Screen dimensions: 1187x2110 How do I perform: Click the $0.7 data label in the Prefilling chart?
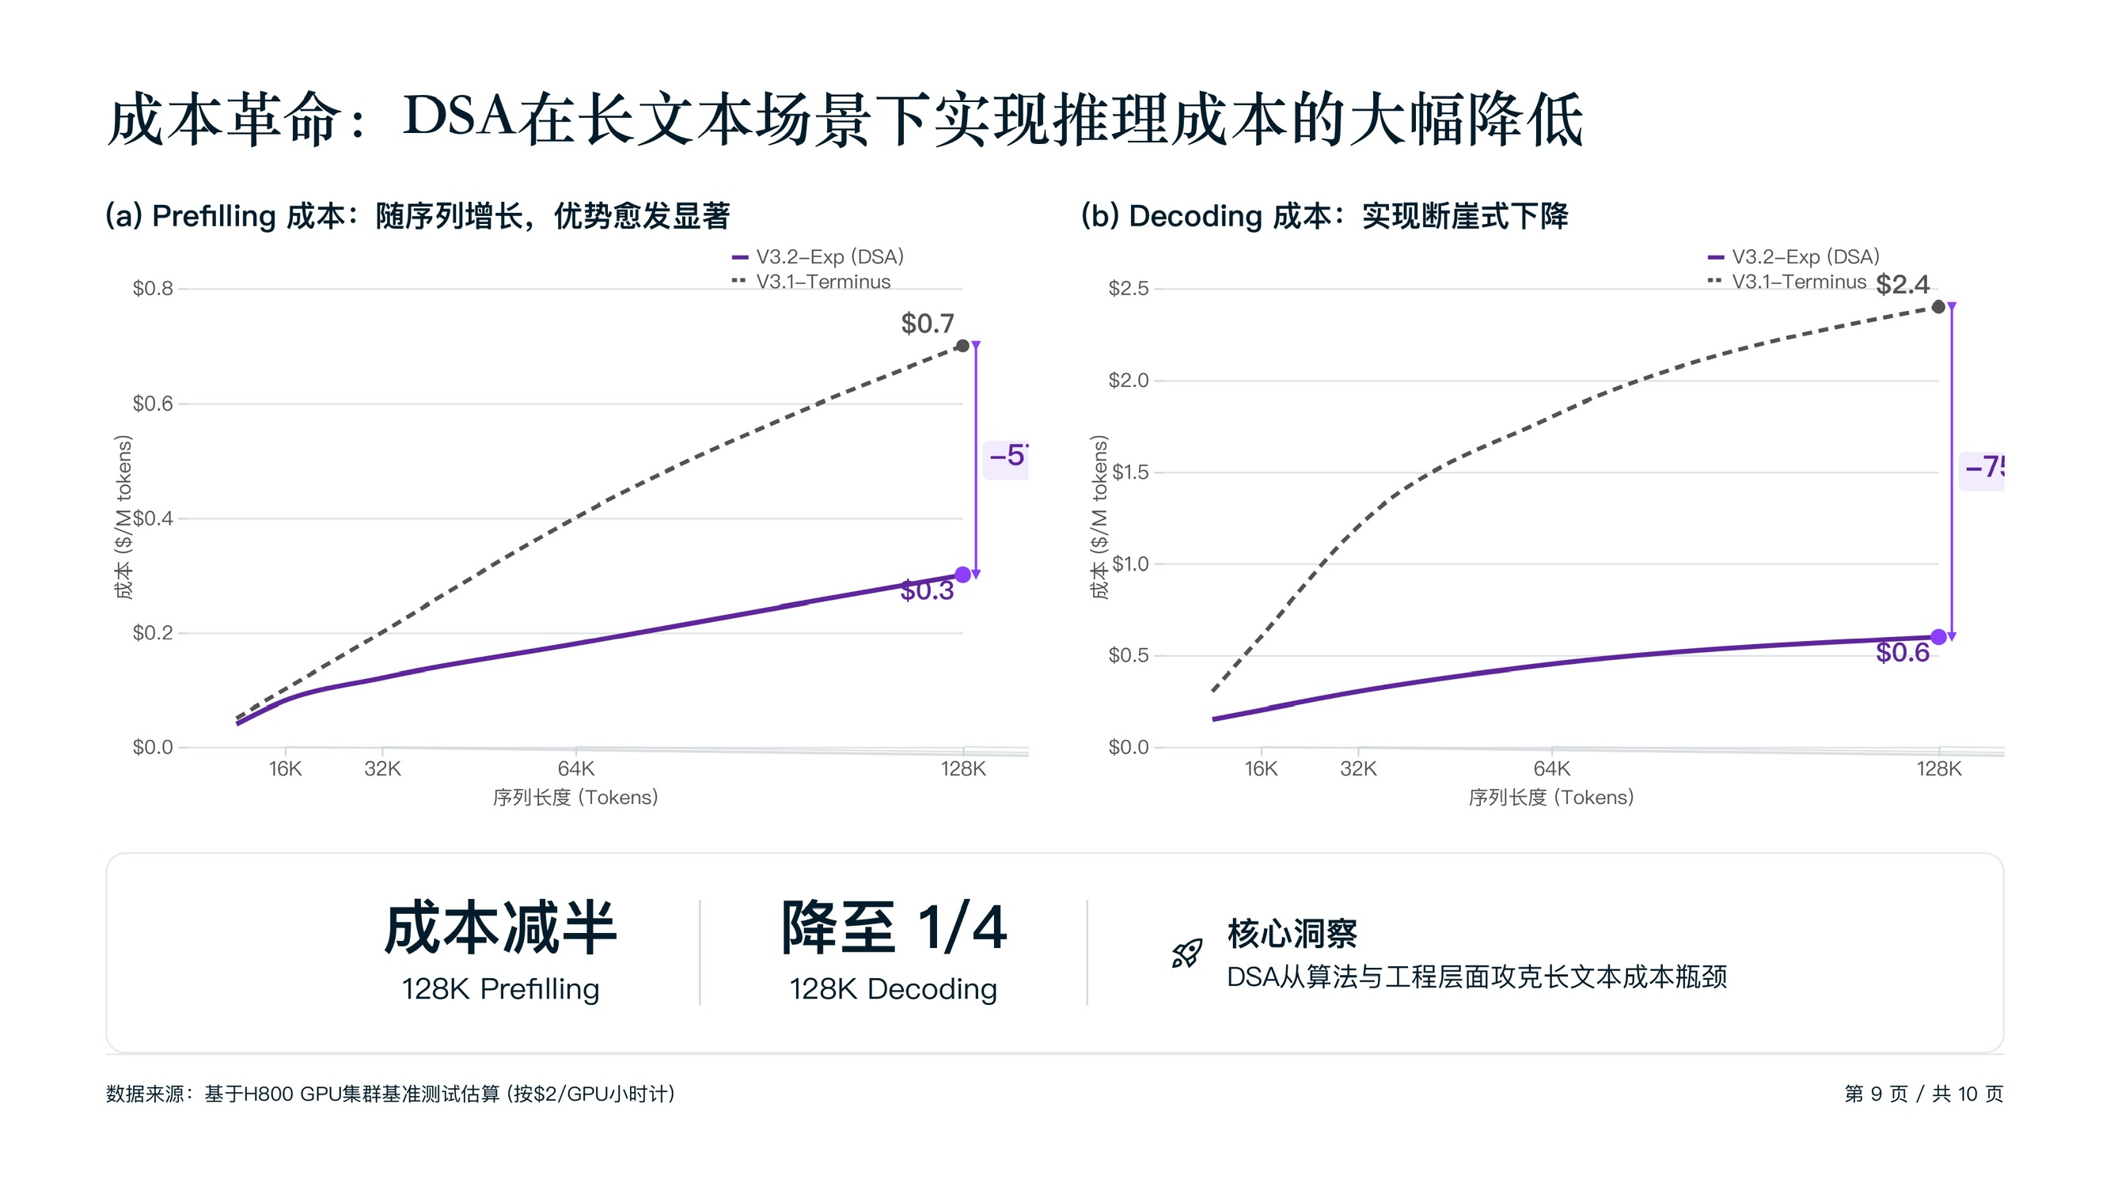tap(928, 324)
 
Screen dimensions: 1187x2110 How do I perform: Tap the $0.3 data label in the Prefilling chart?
tap(928, 590)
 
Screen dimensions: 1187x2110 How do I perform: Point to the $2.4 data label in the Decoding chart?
tap(1903, 285)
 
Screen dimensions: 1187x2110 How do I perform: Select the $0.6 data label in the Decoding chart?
tap(1903, 653)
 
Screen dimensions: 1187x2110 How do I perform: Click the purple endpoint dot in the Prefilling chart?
tap(963, 575)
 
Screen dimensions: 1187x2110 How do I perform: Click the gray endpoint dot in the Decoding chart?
tap(1938, 307)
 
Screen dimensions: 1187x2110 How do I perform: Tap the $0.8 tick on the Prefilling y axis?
tap(154, 288)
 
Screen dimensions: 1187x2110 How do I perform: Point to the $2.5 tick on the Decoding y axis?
tap(1128, 288)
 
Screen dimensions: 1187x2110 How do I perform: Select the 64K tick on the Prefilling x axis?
tap(576, 769)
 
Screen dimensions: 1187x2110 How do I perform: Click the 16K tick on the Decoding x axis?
tap(1261, 769)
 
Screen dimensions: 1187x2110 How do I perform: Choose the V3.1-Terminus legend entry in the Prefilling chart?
tap(822, 282)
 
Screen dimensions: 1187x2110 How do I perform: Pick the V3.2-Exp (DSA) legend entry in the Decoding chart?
tap(1805, 257)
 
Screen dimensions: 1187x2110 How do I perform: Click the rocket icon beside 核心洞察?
tap(1187, 954)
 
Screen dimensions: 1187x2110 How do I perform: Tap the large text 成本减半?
tap(500, 928)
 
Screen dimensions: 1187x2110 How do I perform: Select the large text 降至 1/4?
tap(894, 928)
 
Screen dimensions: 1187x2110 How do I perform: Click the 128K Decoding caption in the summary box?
tap(893, 990)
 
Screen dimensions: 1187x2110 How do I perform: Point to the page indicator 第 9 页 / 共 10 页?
tap(1923, 1094)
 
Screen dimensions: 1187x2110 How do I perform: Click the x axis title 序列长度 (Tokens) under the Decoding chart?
tap(1550, 798)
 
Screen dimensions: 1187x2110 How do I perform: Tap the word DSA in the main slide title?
tap(459, 116)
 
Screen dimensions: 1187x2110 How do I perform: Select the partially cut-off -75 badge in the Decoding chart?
tap(1983, 468)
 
